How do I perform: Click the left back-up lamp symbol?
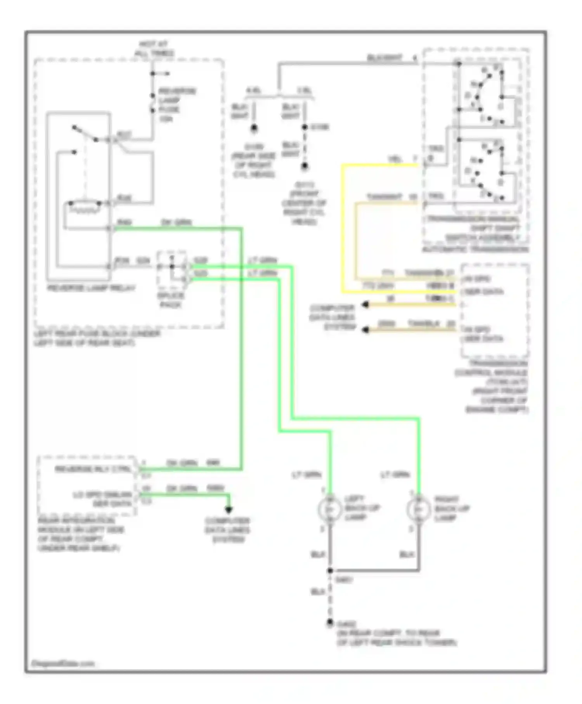[x=329, y=509]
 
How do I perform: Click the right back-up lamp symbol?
[x=418, y=509]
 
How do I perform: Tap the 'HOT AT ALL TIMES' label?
[x=154, y=49]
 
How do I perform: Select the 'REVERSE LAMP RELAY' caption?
[x=91, y=288]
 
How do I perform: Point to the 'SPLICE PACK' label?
[x=171, y=300]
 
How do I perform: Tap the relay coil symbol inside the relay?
[x=84, y=206]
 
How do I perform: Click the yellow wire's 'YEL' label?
[x=395, y=160]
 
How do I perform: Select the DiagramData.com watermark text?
[x=62, y=664]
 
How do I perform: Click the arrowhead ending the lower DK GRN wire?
[x=229, y=510]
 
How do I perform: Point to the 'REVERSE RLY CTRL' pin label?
[x=93, y=469]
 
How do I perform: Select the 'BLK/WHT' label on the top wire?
[x=385, y=59]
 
